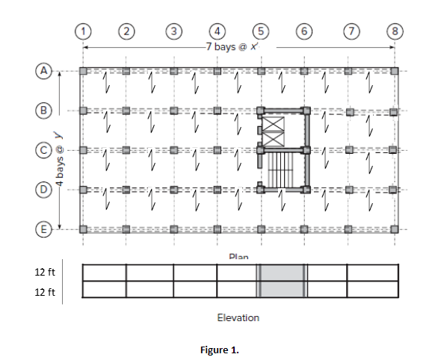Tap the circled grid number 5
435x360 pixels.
click(x=260, y=31)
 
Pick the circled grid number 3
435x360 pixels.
click(x=173, y=31)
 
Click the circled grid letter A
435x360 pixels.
click(x=45, y=70)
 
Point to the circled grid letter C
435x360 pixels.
click(x=45, y=149)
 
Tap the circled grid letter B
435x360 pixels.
click(x=45, y=109)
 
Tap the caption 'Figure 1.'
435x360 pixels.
click(x=217, y=349)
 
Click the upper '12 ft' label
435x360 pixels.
click(x=45, y=271)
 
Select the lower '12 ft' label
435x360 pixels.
click(x=45, y=291)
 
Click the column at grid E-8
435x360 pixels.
click(x=395, y=229)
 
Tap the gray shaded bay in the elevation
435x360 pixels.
click(x=283, y=281)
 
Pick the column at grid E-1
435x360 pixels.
click(x=84, y=229)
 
